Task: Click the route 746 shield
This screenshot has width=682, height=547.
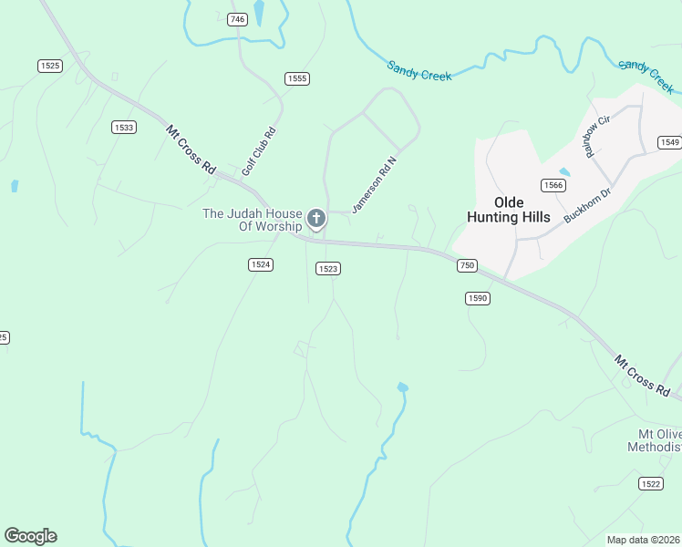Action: pyautogui.click(x=238, y=19)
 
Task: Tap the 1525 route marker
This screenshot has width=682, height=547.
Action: pyautogui.click(x=49, y=65)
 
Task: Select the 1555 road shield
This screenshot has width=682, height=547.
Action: pyautogui.click(x=296, y=78)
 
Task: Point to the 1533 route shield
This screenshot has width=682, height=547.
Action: pyautogui.click(x=124, y=127)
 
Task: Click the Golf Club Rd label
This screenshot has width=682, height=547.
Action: pyautogui.click(x=258, y=151)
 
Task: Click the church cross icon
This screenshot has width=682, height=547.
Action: pyautogui.click(x=315, y=218)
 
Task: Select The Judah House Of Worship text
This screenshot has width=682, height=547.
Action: pyautogui.click(x=252, y=220)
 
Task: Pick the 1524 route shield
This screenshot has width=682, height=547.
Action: pyautogui.click(x=260, y=263)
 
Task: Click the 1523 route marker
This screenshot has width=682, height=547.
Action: pyautogui.click(x=328, y=268)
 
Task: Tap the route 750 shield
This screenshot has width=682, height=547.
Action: pyautogui.click(x=466, y=264)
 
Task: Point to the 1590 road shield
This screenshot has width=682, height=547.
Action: pyautogui.click(x=477, y=298)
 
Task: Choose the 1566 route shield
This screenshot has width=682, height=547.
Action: pyautogui.click(x=553, y=185)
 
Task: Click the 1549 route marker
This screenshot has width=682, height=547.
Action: pyautogui.click(x=670, y=141)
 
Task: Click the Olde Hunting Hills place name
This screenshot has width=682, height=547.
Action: pyautogui.click(x=509, y=209)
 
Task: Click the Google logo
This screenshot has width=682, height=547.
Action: pyautogui.click(x=30, y=536)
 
